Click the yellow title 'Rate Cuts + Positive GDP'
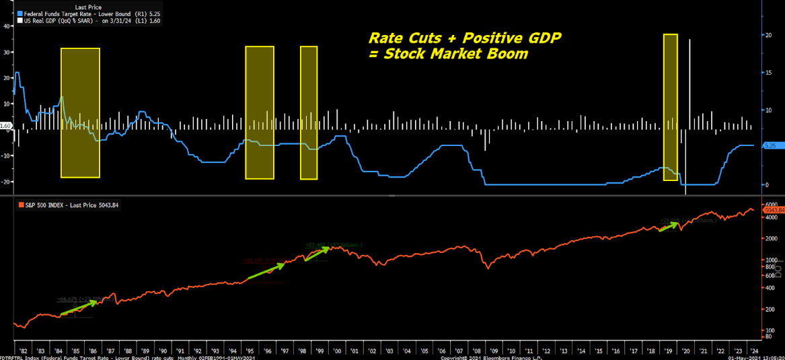[x=464, y=38]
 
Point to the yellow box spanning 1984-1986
[x=80, y=113]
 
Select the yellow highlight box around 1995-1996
[x=260, y=112]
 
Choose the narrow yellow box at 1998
[x=309, y=112]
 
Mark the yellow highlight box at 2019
[x=670, y=107]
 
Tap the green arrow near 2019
[x=669, y=226]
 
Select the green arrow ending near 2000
[x=317, y=253]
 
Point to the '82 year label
[x=24, y=351]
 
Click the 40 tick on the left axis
[x=6, y=26]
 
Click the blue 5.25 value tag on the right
[x=771, y=145]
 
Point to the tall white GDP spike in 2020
[x=689, y=81]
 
